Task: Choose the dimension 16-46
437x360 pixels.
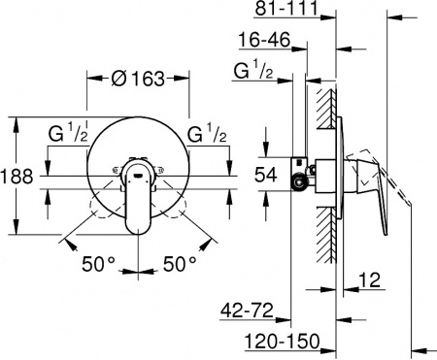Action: pos(267,41)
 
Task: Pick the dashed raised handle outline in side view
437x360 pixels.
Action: pos(384,170)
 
